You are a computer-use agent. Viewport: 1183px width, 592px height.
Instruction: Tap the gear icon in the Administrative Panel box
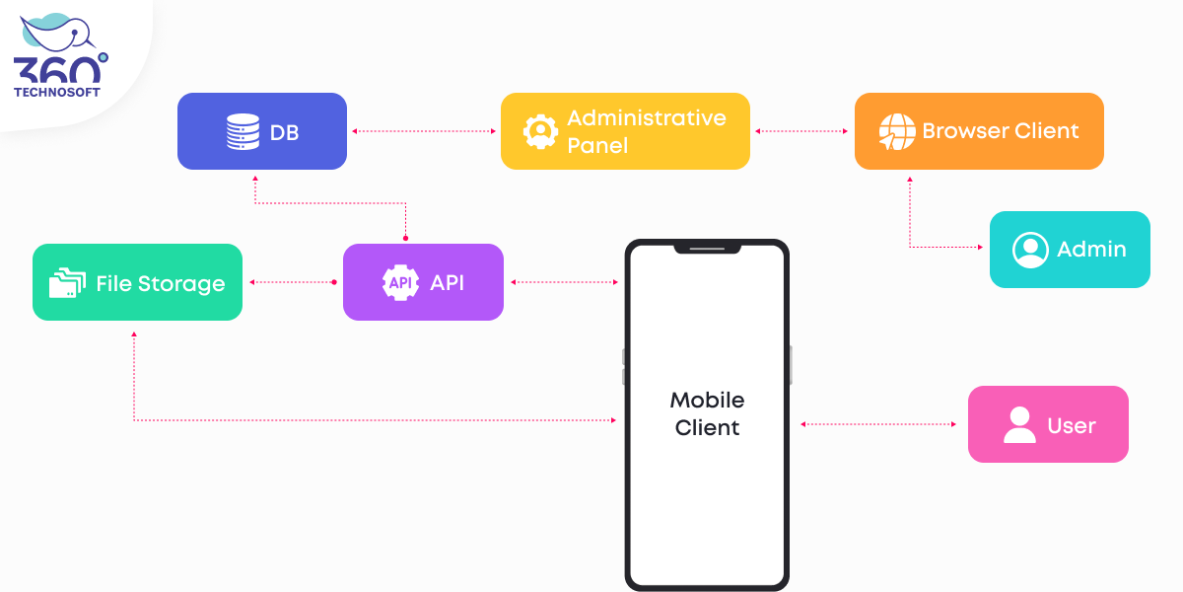point(540,131)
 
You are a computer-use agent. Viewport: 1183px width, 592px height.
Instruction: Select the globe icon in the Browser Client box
point(897,131)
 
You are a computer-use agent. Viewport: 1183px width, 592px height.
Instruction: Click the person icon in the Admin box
point(1030,250)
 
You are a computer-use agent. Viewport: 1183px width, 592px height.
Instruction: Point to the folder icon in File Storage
point(67,283)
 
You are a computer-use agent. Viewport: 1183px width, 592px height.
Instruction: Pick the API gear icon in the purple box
point(400,282)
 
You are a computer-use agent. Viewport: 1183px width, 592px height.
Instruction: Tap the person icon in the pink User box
point(1019,424)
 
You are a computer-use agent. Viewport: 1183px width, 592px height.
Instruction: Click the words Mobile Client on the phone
point(707,413)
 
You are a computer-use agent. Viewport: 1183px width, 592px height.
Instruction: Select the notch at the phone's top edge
point(707,249)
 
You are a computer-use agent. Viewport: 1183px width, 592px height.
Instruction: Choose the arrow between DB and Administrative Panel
point(424,130)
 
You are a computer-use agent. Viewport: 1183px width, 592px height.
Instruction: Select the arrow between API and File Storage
point(293,282)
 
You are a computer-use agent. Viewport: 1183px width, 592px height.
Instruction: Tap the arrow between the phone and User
point(878,424)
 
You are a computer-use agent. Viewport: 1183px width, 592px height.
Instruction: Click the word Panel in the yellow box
point(597,145)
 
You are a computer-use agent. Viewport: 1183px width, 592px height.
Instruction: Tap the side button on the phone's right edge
point(791,364)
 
